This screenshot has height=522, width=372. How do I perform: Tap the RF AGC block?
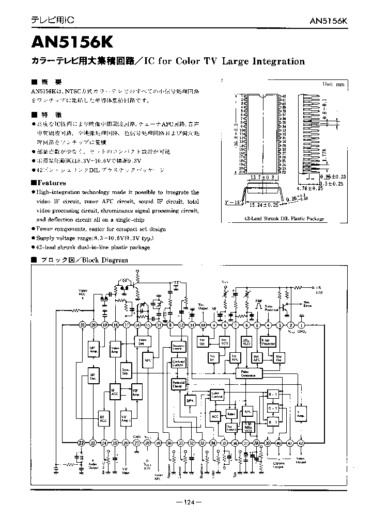pos(103,418)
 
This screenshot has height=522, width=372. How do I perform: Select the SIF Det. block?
pos(93,377)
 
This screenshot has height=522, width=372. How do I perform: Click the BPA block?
pos(190,401)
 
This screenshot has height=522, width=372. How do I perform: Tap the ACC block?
pos(215,416)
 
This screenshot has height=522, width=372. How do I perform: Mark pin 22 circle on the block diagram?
pos(82,443)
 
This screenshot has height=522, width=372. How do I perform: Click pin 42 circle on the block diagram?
pos(301,443)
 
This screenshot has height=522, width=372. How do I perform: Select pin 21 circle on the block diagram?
pos(82,325)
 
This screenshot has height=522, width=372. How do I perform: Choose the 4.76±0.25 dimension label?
pos(309,189)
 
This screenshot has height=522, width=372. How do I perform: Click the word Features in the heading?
pos(51,183)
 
